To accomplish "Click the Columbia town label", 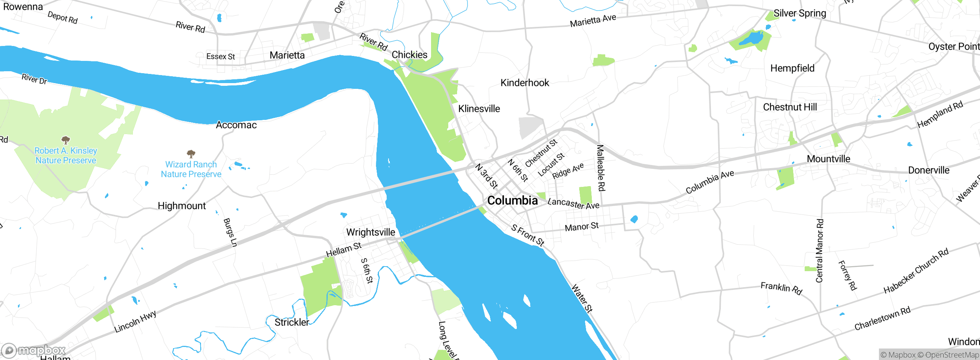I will [512, 200].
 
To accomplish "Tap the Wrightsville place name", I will [370, 232].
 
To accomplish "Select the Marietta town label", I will [287, 55].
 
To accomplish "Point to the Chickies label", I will [409, 55].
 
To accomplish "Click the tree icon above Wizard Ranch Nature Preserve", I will [191, 154].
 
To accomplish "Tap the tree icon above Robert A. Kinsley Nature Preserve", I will [65, 140].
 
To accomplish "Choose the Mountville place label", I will [828, 159].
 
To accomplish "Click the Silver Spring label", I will [800, 13].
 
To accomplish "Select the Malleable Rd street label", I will [601, 168].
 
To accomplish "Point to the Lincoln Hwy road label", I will [135, 321].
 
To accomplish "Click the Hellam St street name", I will [343, 250].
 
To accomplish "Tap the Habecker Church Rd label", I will [916, 271].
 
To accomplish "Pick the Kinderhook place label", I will [524, 83].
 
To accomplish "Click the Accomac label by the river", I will [236, 125].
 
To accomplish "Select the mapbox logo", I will [34, 350].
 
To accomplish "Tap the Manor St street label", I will [581, 227].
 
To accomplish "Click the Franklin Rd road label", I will [781, 288].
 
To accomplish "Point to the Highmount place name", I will [181, 206].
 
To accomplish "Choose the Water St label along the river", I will [581, 298].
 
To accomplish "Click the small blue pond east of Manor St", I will [634, 219].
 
